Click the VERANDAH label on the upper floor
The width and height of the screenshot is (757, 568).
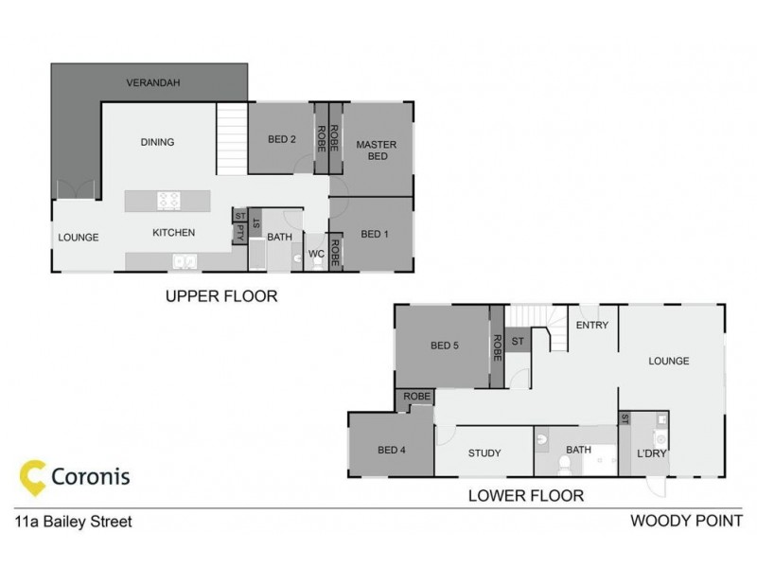point(153,83)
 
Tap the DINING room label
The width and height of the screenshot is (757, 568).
point(157,143)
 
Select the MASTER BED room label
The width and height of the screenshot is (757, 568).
point(377,151)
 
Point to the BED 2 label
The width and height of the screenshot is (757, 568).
point(282,140)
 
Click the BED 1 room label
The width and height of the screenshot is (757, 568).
point(376,234)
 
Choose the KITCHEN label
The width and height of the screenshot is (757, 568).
point(174,233)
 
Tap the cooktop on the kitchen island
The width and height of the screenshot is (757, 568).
point(169,200)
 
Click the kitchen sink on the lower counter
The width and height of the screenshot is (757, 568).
point(184,261)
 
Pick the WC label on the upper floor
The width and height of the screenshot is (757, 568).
point(317,255)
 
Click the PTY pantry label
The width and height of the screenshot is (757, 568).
point(240,231)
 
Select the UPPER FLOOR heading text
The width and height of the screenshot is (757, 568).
point(221,296)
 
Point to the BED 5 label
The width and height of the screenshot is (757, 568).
point(444,346)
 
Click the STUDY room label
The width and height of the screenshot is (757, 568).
point(484,453)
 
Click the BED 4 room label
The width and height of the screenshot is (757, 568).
point(391,450)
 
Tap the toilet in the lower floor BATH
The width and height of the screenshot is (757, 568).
point(563,464)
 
